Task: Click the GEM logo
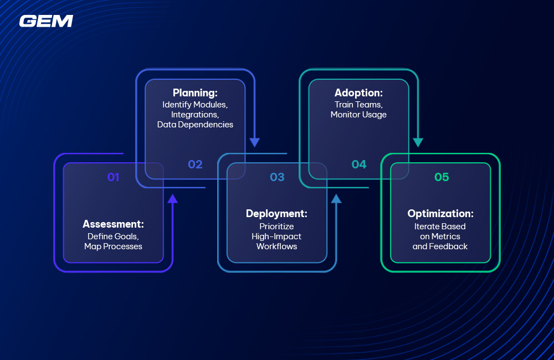point(46,21)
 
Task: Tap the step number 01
point(113,177)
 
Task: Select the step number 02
point(195,164)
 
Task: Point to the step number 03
point(277,177)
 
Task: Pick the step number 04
point(359,164)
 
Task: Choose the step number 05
point(442,177)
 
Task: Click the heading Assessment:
point(113,224)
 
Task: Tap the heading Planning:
point(195,93)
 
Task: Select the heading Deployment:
point(276,214)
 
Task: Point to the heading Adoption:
point(358,93)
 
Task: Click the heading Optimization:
point(440,214)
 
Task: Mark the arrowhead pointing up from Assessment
point(172,198)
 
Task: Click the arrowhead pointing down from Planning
point(254,142)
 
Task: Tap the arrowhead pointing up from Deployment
point(336,198)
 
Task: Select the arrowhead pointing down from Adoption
point(418,142)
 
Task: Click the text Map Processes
point(113,246)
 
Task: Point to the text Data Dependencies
point(195,125)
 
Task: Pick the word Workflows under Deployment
point(276,246)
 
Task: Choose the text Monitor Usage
point(358,115)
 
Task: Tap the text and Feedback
point(440,246)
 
